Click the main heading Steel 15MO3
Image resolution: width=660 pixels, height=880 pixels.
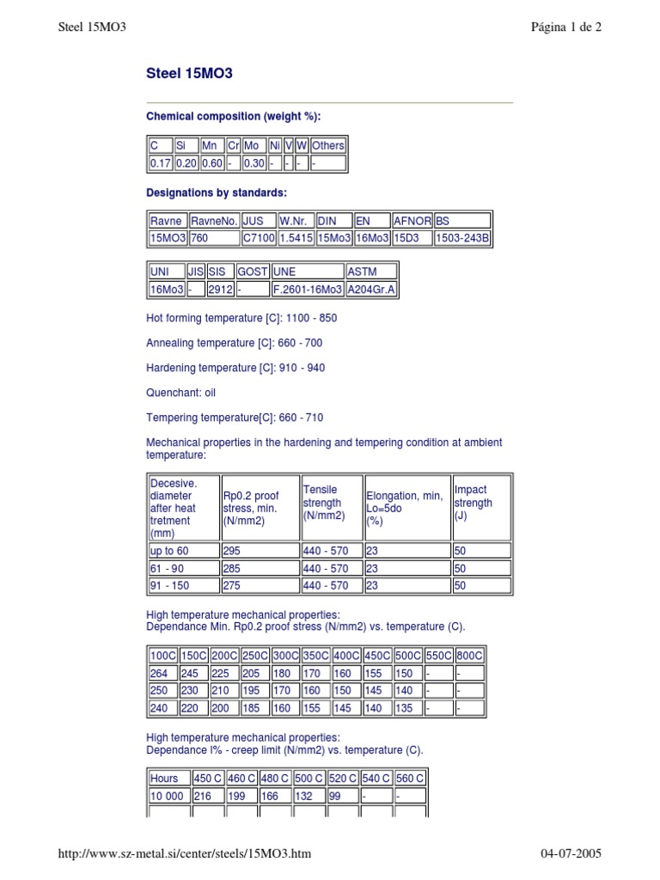pos(189,74)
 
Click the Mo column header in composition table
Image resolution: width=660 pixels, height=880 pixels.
pos(252,146)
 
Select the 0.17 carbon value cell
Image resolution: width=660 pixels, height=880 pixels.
pos(161,163)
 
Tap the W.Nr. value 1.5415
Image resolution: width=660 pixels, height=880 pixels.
pos(296,238)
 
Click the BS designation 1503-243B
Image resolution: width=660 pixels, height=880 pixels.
pos(462,238)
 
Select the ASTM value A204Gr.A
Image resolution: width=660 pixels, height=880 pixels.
pos(371,290)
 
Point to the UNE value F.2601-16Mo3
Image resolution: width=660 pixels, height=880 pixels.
pos(307,290)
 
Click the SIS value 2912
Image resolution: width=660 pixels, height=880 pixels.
pos(220,290)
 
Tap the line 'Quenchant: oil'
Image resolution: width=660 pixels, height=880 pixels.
pos(181,393)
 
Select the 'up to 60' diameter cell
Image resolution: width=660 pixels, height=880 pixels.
pos(169,551)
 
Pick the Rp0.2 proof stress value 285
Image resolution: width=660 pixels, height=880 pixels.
pos(232,569)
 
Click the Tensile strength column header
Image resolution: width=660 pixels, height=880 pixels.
pos(322,503)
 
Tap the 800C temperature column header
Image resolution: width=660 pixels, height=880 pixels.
pos(469,656)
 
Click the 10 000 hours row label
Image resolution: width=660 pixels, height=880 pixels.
pos(167,797)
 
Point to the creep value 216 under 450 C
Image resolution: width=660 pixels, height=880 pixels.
pos(203,797)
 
